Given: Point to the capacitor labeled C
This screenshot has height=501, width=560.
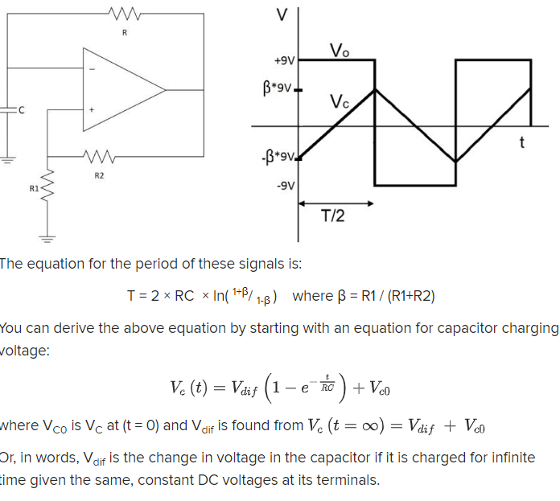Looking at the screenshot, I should coord(8,110).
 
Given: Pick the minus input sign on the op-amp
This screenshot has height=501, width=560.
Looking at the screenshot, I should coord(92,68).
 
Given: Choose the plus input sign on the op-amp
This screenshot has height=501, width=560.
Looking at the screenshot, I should coord(92,109).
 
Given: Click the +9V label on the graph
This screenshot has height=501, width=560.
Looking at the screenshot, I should coord(285,60).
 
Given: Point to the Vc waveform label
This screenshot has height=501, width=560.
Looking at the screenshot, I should coord(340,103).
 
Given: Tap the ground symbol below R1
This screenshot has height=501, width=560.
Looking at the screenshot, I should coord(47,239).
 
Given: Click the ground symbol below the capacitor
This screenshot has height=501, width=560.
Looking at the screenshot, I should coord(8,160).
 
